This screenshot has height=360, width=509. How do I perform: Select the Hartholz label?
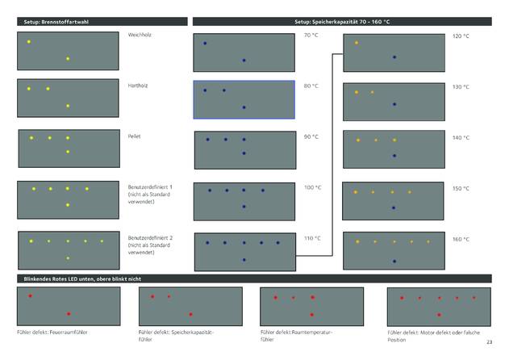138,85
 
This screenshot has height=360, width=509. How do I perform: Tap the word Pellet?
135,136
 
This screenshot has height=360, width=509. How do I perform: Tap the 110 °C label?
312,239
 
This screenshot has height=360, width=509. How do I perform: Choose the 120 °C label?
461,36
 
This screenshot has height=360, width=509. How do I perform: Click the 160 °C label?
461,240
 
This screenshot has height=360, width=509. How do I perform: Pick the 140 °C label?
461,138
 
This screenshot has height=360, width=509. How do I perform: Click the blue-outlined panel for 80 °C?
244,99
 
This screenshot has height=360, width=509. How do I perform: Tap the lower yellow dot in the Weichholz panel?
68,58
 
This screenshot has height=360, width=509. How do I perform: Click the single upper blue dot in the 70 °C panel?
205,43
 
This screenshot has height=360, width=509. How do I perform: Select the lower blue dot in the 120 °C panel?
394,57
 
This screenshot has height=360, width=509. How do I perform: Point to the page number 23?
489,344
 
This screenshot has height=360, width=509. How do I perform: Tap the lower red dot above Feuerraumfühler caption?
69,313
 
